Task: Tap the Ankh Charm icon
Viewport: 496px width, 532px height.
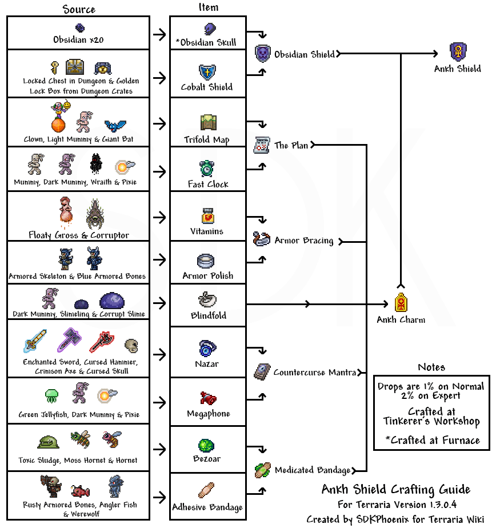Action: (x=401, y=302)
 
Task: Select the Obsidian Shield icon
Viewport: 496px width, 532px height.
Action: (x=262, y=54)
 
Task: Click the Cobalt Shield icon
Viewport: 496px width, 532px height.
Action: (x=206, y=72)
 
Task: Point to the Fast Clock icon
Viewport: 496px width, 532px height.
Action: (x=206, y=169)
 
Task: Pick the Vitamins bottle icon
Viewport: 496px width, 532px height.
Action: (x=207, y=216)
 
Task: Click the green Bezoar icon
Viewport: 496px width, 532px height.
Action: (x=206, y=445)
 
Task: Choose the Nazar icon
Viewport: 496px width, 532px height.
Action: (x=206, y=348)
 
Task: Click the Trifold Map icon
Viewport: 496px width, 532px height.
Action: (x=207, y=122)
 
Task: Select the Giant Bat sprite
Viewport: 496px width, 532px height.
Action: (x=115, y=125)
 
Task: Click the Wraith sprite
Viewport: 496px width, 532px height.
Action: (x=95, y=165)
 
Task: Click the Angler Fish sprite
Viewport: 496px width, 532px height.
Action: (x=81, y=490)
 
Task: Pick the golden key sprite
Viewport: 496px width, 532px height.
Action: (x=55, y=67)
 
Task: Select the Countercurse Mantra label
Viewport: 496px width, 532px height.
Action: (x=314, y=373)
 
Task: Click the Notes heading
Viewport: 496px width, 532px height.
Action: (x=431, y=367)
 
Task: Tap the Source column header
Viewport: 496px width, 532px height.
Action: (x=79, y=9)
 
